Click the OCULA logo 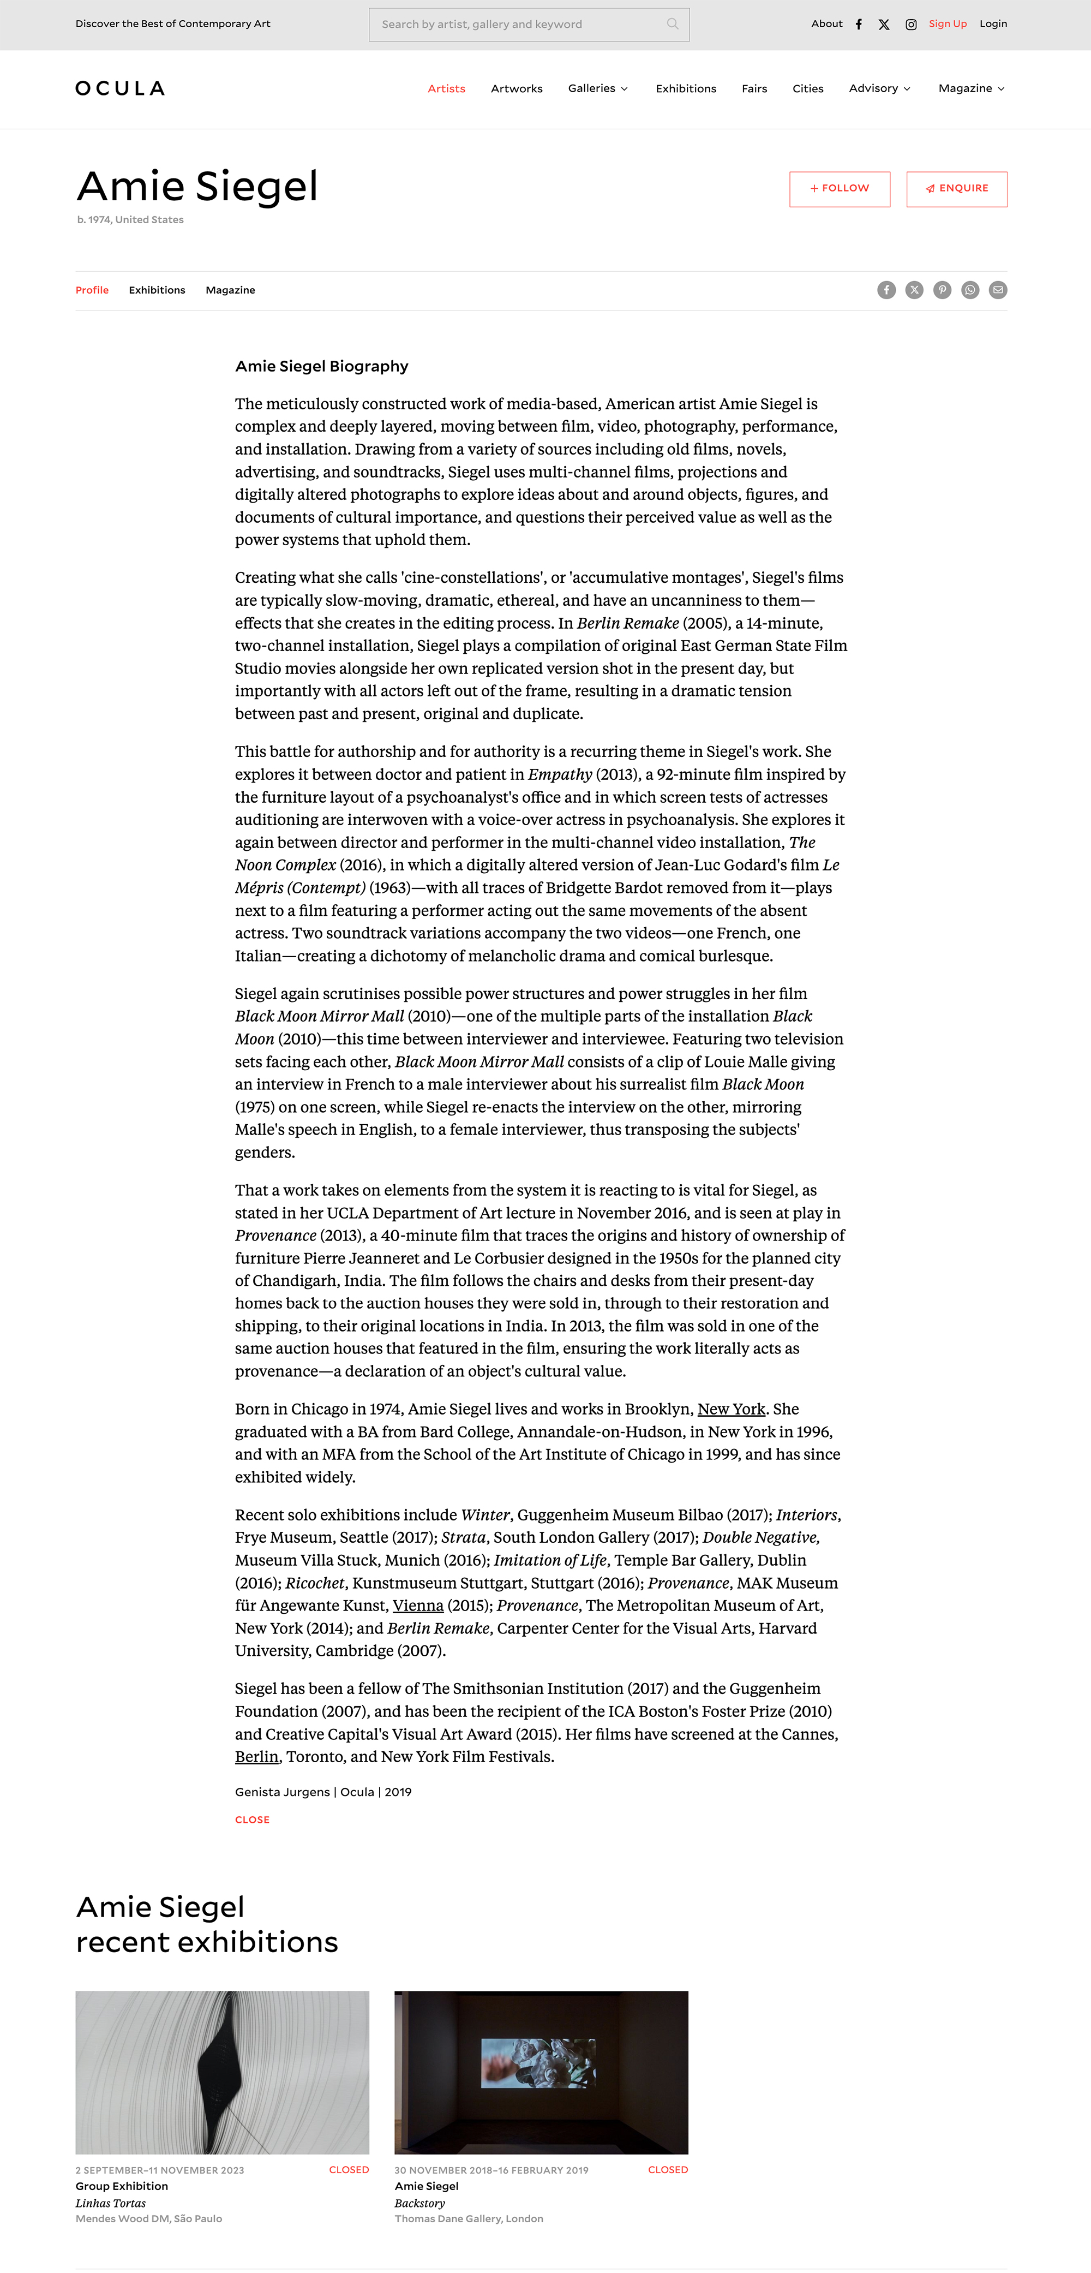click(x=120, y=88)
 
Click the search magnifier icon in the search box click(x=672, y=24)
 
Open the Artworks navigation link click(x=516, y=88)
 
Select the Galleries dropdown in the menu click(x=598, y=88)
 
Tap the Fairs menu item click(x=753, y=88)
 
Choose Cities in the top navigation click(x=807, y=88)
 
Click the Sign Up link click(x=947, y=24)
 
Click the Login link click(x=993, y=24)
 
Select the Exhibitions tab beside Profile click(x=157, y=290)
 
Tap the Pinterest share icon click(x=942, y=290)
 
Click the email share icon click(x=998, y=290)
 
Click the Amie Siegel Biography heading click(x=321, y=366)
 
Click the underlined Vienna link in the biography click(x=418, y=1606)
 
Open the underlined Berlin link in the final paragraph click(x=256, y=1757)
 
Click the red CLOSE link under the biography click(x=252, y=1819)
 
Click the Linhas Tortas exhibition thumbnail click(x=222, y=2072)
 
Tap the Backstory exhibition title click(x=420, y=2203)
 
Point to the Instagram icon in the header click(x=911, y=25)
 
